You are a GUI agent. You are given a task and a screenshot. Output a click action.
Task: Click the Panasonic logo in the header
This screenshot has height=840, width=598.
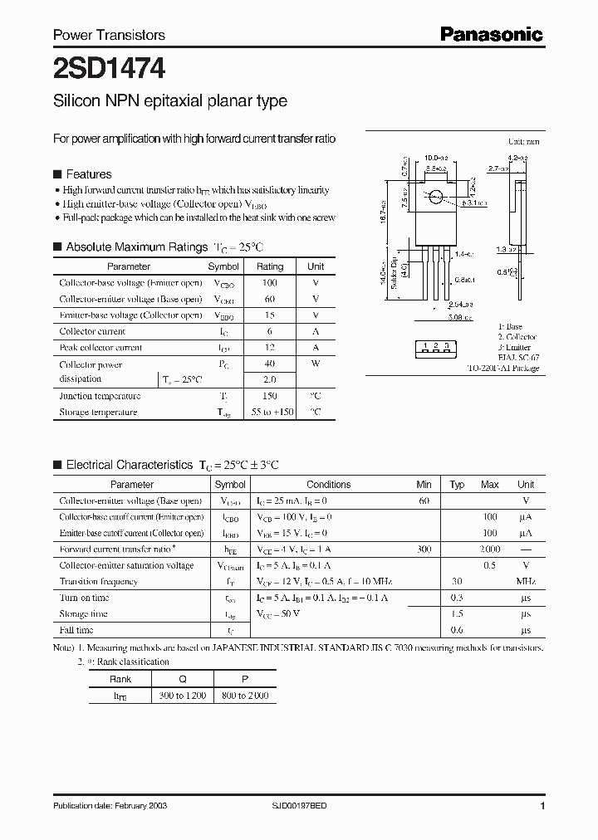click(491, 34)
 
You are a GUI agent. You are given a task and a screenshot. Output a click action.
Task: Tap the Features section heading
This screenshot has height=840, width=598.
click(88, 174)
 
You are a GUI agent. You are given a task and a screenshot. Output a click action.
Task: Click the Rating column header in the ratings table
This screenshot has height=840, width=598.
click(269, 266)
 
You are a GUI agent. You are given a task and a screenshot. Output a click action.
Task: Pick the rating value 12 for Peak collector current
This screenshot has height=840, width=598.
click(269, 348)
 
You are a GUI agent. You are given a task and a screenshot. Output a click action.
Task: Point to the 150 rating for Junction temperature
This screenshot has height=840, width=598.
click(269, 397)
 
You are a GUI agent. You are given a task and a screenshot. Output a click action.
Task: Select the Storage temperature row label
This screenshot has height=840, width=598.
click(98, 413)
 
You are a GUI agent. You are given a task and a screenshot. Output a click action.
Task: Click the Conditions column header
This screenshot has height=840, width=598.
click(328, 485)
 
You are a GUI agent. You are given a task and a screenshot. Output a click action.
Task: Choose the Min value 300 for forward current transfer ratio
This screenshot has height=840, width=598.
click(424, 549)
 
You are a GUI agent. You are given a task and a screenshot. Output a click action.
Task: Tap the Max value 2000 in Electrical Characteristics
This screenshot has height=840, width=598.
click(490, 549)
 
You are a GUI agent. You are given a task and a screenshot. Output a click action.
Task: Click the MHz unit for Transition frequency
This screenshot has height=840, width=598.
click(526, 582)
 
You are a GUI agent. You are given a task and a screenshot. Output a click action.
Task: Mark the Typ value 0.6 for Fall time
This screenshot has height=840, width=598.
click(456, 630)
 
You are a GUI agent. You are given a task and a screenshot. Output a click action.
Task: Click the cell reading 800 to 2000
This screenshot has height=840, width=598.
click(245, 696)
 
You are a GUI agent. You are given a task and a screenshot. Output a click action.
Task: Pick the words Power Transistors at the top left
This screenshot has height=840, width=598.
click(109, 35)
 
